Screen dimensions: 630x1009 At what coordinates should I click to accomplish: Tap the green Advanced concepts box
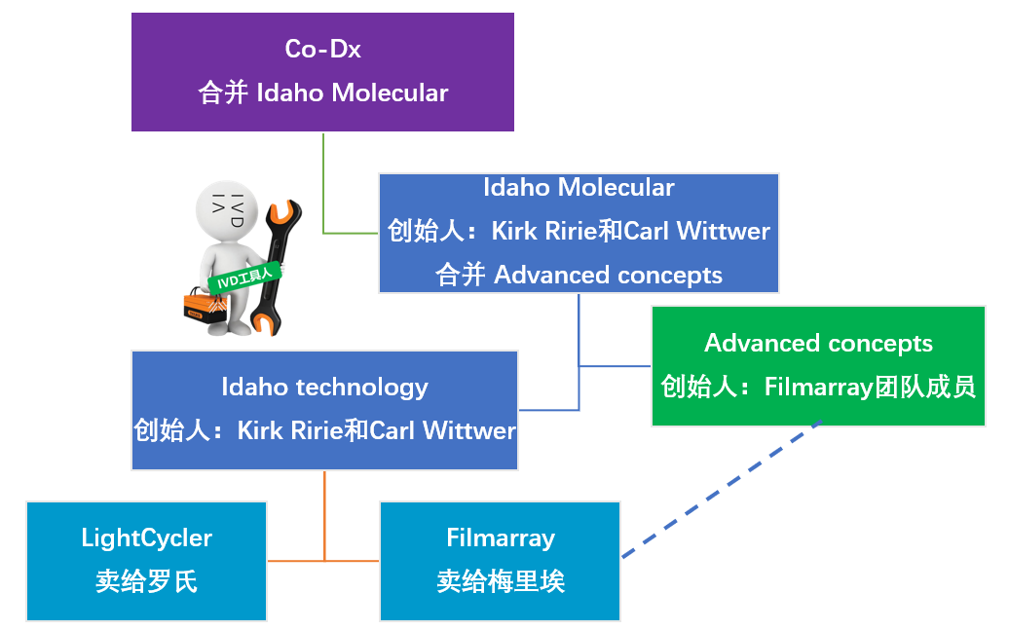pyautogui.click(x=818, y=365)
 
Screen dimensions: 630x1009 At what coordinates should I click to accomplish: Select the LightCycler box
pyautogui.click(x=146, y=561)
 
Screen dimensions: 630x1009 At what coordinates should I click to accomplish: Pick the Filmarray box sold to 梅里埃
pyautogui.click(x=500, y=561)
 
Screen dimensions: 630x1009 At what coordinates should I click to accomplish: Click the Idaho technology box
pyautogui.click(x=324, y=409)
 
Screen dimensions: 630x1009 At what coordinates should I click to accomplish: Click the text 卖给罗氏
pyautogui.click(x=146, y=581)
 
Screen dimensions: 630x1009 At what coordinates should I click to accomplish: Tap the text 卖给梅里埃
pyautogui.click(x=501, y=581)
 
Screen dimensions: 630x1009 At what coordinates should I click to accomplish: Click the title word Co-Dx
pyautogui.click(x=322, y=48)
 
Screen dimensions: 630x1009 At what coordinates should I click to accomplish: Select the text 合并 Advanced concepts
pyautogui.click(x=579, y=275)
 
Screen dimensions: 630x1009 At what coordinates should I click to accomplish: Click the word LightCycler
pyautogui.click(x=146, y=537)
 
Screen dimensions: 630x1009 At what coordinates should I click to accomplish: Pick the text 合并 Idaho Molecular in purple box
pyautogui.click(x=322, y=93)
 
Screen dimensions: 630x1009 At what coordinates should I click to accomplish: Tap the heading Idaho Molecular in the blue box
pyautogui.click(x=579, y=187)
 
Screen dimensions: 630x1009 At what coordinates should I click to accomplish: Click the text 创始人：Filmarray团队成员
pyautogui.click(x=818, y=387)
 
